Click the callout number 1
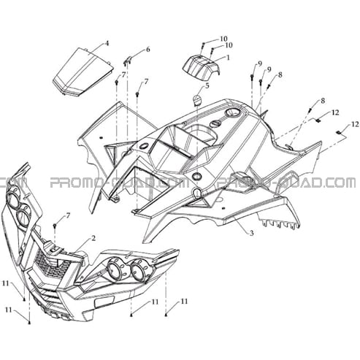[228, 58]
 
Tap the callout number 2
[93, 238]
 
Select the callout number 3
[251, 233]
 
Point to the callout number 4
[107, 44]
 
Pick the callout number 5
[207, 85]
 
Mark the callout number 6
[148, 50]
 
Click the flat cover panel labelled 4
[83, 71]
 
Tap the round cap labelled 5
[197, 100]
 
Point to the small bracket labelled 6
[128, 61]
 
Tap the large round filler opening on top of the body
[232, 112]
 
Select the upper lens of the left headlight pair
[12, 199]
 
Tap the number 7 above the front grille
[68, 215]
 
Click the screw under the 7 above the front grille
[55, 226]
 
